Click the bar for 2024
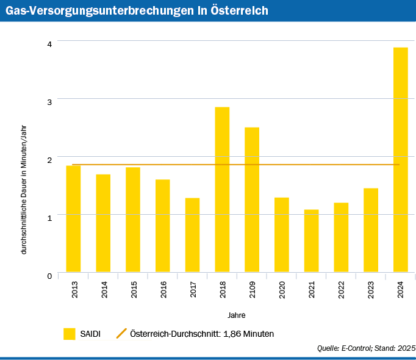click(x=400, y=160)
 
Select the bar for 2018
click(x=222, y=189)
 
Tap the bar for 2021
click(x=311, y=240)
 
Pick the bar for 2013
click(x=73, y=218)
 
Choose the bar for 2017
click(x=192, y=235)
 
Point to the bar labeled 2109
click(x=252, y=200)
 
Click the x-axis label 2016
click(x=164, y=289)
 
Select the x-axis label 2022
click(x=342, y=289)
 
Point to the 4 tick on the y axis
click(x=49, y=43)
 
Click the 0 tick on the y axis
click(x=49, y=275)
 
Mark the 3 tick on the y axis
click(x=49, y=101)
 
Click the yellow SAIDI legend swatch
click(x=69, y=334)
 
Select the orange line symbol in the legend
click(x=121, y=334)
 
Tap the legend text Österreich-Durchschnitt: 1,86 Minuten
click(x=202, y=334)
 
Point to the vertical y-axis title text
click(x=24, y=188)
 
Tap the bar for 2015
click(x=133, y=220)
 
